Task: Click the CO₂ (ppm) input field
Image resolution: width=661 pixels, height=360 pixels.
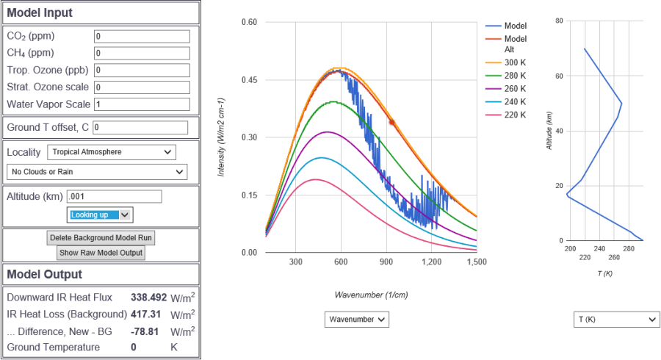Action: tap(142, 36)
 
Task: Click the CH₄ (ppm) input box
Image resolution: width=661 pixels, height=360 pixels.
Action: tap(142, 53)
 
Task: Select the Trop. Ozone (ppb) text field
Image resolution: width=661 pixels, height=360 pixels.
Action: tap(142, 70)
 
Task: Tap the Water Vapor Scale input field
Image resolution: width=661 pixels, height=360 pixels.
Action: tap(142, 104)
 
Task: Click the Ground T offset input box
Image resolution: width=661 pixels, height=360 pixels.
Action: tap(140, 128)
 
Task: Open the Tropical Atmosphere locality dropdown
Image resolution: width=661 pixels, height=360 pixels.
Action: tap(112, 152)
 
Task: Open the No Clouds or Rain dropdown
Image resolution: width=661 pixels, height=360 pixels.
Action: tap(96, 172)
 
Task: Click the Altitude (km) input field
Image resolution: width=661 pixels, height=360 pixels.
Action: tap(114, 196)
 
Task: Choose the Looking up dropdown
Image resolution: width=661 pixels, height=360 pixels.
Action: tap(100, 215)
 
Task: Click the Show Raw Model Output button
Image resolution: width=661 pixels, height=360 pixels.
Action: tap(100, 253)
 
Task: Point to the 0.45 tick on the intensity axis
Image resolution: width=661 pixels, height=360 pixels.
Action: tap(250, 80)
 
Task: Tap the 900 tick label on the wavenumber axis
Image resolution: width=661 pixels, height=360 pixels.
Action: tap(386, 262)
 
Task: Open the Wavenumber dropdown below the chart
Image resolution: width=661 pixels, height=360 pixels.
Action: tap(356, 319)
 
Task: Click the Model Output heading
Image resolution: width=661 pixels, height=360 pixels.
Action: tap(45, 274)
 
